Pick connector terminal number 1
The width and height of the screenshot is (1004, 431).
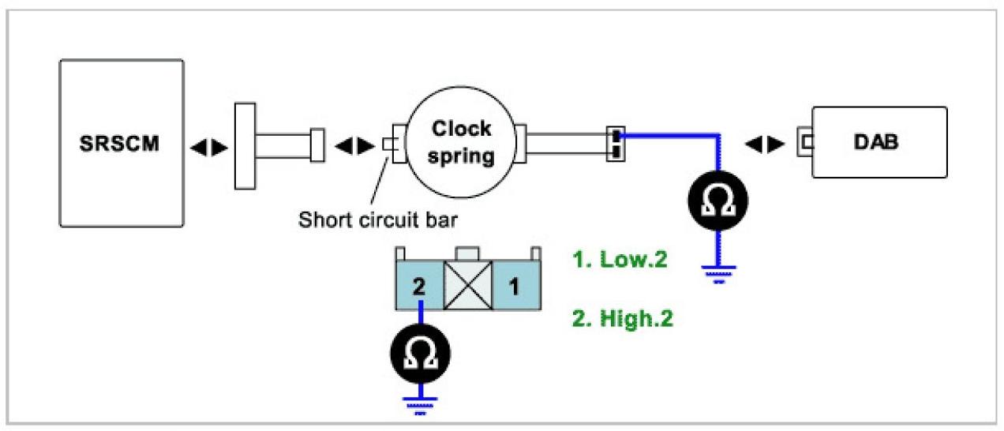point(515,286)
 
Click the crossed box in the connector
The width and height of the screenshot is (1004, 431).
point(468,286)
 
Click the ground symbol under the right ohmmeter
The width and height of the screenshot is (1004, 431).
point(717,273)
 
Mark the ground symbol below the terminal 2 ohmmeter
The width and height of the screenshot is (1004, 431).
point(421,404)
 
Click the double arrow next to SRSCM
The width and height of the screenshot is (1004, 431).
point(210,147)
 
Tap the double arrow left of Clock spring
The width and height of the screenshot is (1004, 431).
point(354,146)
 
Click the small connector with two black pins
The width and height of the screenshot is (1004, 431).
point(615,143)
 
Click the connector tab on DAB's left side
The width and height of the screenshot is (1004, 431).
point(806,143)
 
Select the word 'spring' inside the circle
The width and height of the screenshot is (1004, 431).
point(463,156)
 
